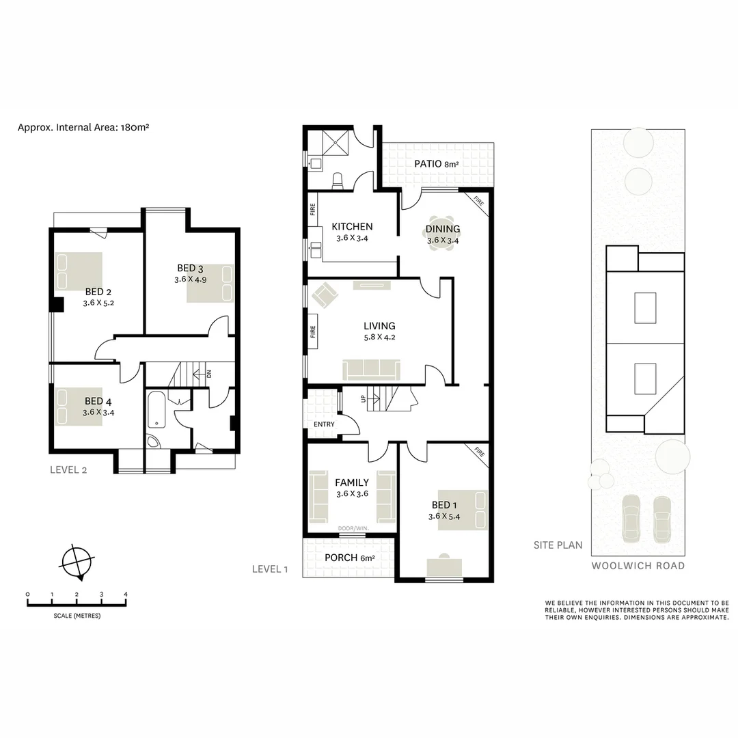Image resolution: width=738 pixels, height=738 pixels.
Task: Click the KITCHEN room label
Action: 352,227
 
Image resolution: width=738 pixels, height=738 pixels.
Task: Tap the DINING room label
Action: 443,229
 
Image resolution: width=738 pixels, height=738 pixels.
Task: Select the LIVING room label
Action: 379,326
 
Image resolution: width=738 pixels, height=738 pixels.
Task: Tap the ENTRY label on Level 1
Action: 325,424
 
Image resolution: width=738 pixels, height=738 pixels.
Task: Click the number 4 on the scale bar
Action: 126,594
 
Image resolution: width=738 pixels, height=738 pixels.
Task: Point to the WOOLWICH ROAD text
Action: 638,566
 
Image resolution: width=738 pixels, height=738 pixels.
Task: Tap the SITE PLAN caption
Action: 558,545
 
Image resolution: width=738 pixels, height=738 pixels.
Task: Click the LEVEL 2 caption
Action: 68,469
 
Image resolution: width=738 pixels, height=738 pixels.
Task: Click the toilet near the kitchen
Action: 336,180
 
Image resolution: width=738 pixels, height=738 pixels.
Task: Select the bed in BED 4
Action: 79,407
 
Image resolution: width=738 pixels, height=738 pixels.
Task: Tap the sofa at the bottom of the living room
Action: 372,369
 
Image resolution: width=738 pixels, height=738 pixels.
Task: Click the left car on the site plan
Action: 632,519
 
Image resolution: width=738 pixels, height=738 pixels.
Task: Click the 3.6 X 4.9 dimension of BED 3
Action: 191,279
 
